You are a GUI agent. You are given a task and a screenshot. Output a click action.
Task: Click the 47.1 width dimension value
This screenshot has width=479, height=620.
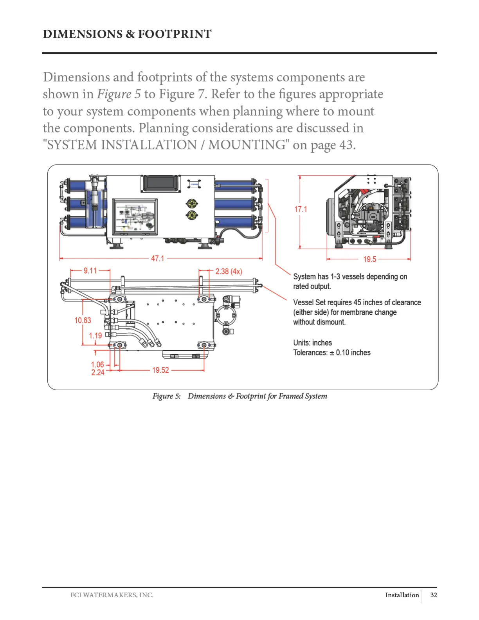click(x=158, y=258)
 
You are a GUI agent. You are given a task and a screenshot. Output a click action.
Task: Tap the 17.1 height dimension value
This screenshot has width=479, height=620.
click(x=301, y=209)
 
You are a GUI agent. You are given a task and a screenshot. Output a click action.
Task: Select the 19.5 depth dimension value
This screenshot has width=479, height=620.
click(x=369, y=259)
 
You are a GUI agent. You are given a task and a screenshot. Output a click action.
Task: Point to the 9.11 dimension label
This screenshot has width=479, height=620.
click(x=90, y=270)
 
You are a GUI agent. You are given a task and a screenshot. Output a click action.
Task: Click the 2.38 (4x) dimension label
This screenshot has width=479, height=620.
click(x=229, y=271)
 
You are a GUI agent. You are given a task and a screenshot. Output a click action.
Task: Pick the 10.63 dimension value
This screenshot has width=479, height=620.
click(x=83, y=320)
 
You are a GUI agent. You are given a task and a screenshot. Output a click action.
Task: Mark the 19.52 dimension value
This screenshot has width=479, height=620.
click(x=160, y=370)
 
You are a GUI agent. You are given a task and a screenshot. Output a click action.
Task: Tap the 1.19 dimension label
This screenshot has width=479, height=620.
click(x=95, y=335)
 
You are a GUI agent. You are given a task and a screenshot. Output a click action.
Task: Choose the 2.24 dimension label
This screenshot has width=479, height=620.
click(x=98, y=372)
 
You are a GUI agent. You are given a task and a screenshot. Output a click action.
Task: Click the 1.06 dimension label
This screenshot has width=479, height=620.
click(x=98, y=364)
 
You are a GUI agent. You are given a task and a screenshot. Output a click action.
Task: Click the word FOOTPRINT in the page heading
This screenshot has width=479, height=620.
click(x=175, y=34)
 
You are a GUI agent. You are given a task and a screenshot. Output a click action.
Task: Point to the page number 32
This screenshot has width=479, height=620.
click(x=434, y=595)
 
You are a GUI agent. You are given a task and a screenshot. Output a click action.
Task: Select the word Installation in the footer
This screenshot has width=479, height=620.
click(x=402, y=595)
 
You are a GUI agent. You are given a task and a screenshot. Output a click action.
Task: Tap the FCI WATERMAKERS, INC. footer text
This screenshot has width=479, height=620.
click(x=112, y=595)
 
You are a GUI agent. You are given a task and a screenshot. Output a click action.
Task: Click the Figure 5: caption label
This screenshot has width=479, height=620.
click(x=167, y=396)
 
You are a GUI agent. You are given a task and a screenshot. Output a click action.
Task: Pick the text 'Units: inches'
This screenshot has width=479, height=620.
click(x=312, y=342)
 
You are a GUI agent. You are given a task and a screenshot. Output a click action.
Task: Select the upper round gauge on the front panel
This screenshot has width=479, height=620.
click(x=192, y=203)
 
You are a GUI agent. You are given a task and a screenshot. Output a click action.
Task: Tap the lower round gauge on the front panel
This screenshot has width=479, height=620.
click(x=192, y=214)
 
